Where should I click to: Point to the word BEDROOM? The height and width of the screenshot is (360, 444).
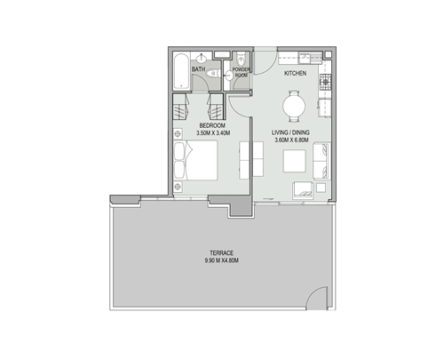click(x=210, y=126)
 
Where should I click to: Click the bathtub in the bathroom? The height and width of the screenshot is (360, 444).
click(x=179, y=70)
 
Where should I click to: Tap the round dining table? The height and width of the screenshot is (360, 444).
click(x=296, y=107)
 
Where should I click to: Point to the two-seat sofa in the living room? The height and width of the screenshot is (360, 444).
click(x=322, y=162)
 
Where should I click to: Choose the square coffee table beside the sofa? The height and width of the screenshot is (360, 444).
click(x=294, y=163)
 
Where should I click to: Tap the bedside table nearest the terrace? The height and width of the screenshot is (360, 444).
click(x=179, y=189)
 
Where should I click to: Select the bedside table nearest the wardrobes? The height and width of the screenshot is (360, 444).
click(x=179, y=140)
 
